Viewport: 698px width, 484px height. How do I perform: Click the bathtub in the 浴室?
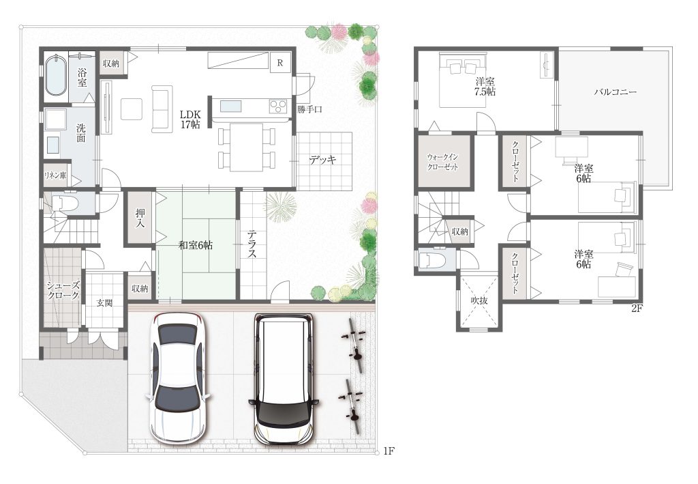coord(56,74)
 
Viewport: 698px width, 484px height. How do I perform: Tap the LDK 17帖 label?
coord(191,119)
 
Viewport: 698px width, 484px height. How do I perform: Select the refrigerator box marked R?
coord(280,63)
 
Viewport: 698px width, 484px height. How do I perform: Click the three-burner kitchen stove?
coord(279,106)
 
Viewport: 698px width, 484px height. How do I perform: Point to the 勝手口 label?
coord(310,109)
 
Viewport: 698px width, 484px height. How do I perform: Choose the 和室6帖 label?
coord(196,244)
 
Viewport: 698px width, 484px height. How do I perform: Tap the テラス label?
coord(252,244)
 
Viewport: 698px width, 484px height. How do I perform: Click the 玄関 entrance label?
coord(104,303)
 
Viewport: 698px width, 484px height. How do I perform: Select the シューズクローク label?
coord(63,290)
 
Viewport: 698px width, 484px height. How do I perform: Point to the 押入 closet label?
coord(140,217)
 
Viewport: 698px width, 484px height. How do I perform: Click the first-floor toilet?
coord(65,203)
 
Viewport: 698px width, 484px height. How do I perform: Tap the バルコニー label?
coord(616,92)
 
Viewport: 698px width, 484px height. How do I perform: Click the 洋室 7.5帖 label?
coord(485,87)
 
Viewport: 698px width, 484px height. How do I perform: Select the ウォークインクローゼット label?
coord(442,162)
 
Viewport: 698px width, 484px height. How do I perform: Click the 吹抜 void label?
coord(479,300)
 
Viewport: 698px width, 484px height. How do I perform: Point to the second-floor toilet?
coord(432,260)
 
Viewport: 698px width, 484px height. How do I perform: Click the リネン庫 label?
coord(55,175)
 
